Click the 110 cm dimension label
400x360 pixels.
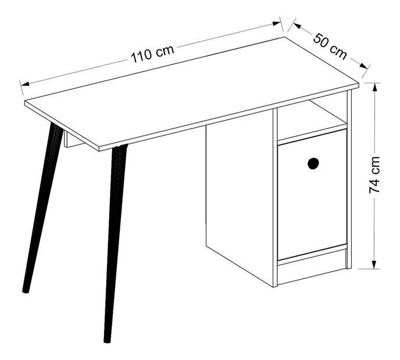coord(152,54)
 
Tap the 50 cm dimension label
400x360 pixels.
coord(330,47)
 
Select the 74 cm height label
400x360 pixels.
coord(374,175)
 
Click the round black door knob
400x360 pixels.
coord(313,163)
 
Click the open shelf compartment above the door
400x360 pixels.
coord(312,120)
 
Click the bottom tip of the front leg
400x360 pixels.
coord(107,341)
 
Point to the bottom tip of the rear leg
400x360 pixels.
coord(26,291)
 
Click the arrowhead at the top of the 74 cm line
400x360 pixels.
coord(374,87)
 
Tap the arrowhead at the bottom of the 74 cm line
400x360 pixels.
coord(374,265)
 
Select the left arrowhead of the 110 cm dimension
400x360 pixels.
coord(25,84)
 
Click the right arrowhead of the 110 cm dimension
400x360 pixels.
coord(276,23)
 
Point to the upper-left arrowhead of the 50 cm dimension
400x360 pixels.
coord(298,26)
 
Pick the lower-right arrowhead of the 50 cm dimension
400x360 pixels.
coord(363,66)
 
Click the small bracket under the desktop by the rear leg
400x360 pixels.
coord(73,140)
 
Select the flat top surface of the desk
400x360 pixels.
coord(192,92)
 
